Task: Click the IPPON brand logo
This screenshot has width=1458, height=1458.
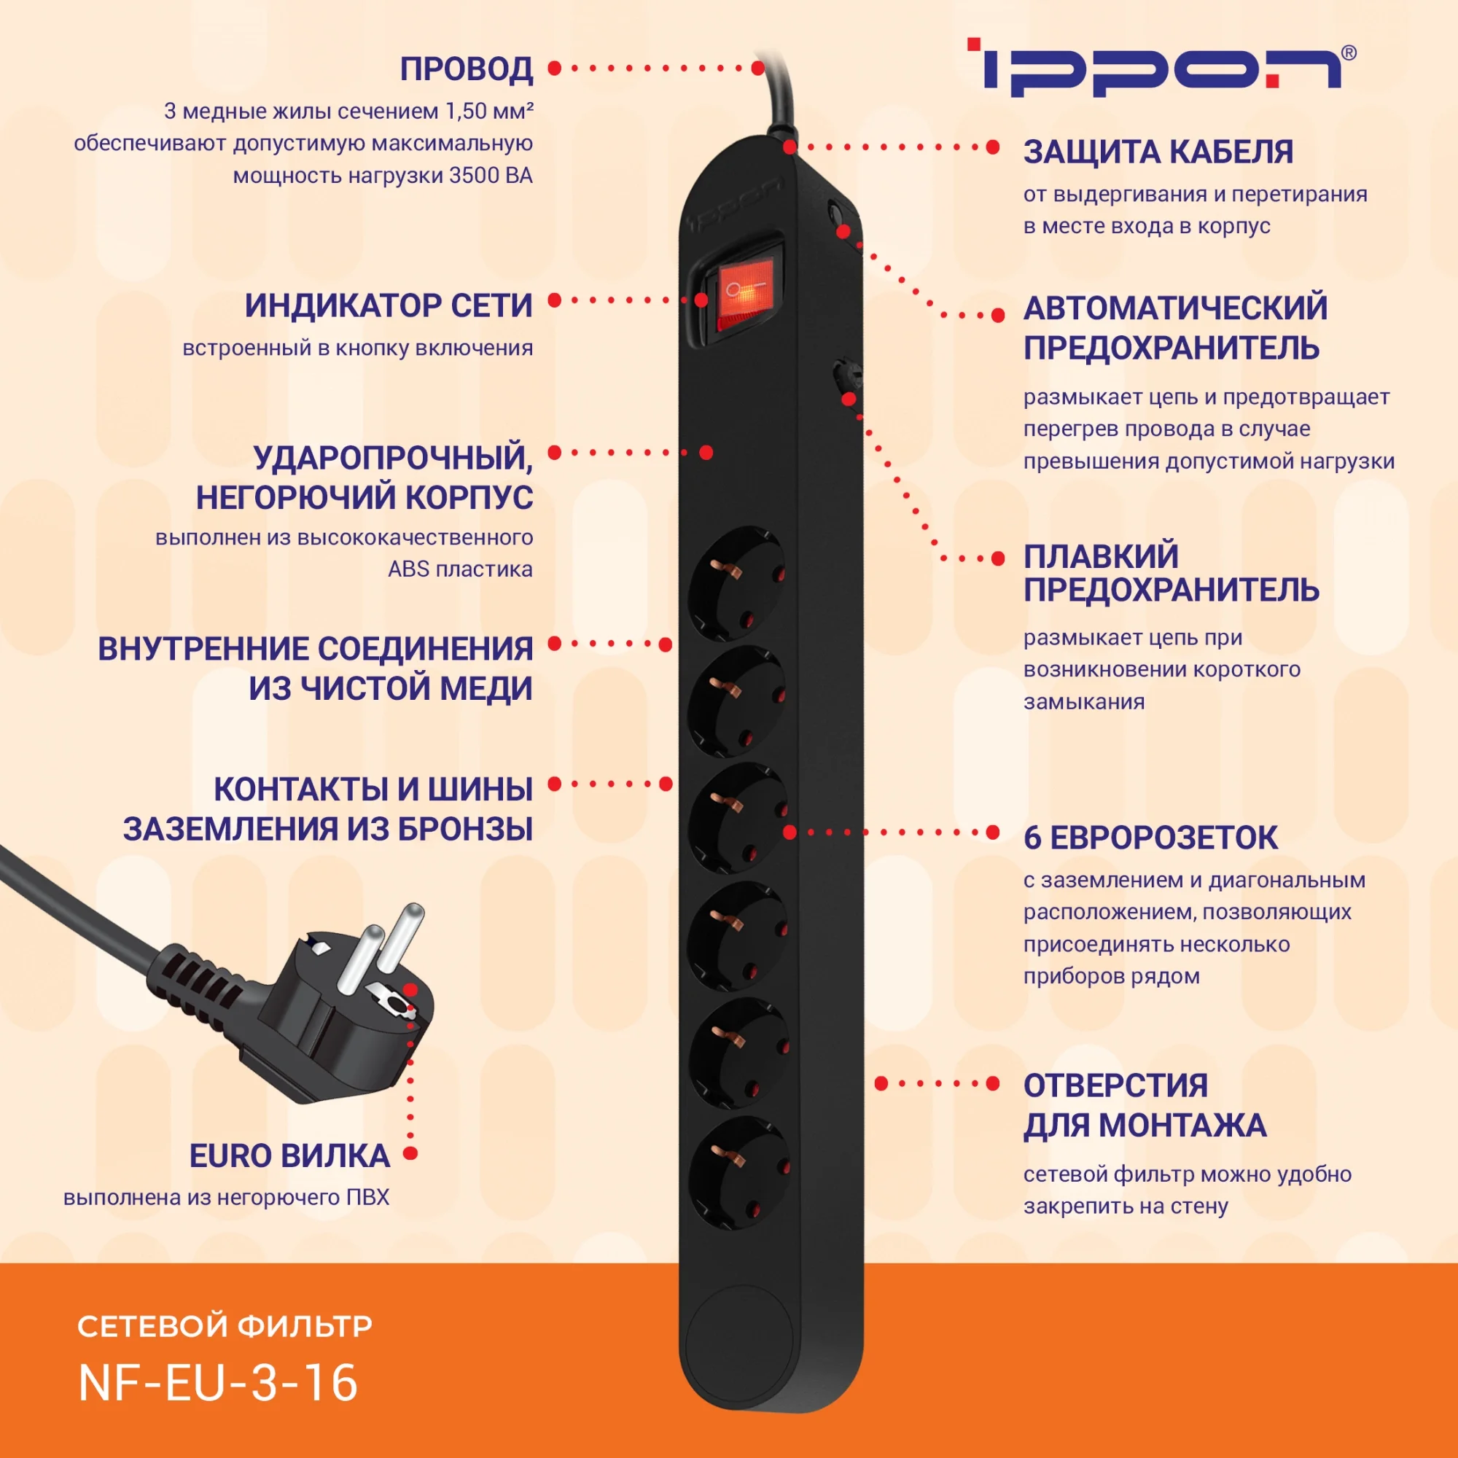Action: point(1159,67)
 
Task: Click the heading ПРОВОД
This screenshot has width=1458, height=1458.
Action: point(467,69)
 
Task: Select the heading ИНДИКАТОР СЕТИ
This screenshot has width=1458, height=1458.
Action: point(389,305)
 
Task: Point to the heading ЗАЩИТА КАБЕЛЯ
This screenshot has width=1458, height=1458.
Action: point(1158,152)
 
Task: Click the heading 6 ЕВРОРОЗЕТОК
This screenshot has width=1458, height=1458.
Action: point(1151,838)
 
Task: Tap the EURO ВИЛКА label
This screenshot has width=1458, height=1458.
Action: point(290,1156)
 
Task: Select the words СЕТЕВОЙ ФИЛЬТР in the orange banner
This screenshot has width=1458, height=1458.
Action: point(225,1326)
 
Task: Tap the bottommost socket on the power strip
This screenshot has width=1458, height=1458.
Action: point(737,1172)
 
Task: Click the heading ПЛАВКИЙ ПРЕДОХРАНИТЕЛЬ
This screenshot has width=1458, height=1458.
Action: point(1172,573)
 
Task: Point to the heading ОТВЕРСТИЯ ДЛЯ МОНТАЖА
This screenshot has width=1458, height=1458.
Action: point(1145,1105)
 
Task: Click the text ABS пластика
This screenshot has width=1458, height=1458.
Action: point(460,569)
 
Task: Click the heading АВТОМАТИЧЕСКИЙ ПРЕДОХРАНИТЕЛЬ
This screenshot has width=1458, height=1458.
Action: point(1175,327)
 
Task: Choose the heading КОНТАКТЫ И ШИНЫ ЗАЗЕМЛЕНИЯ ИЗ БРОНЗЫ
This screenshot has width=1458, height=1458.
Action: point(328,809)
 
